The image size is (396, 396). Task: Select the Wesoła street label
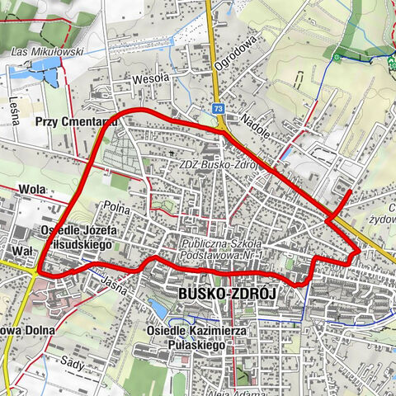(x=150, y=79)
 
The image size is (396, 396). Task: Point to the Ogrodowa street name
(x=250, y=50)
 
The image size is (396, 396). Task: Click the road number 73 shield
(x=217, y=107)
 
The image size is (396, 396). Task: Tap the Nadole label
(x=257, y=126)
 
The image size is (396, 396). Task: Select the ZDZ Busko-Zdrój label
(x=219, y=164)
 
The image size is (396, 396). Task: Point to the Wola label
(x=31, y=189)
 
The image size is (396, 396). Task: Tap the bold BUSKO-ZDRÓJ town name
(x=225, y=295)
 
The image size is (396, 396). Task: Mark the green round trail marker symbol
(x=338, y=57)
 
